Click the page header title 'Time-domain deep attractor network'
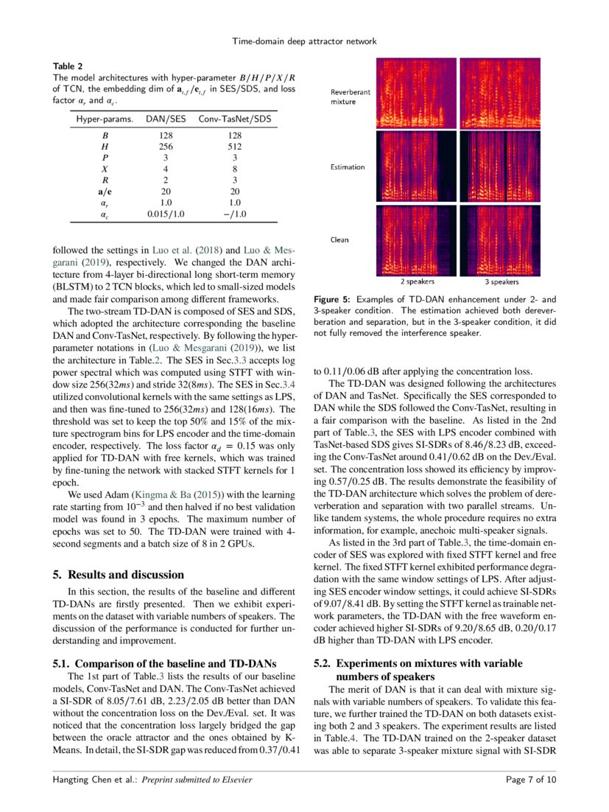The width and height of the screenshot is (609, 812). click(x=304, y=41)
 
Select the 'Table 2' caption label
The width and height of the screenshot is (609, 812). click(x=68, y=66)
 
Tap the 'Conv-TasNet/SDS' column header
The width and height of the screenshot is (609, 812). click(x=235, y=119)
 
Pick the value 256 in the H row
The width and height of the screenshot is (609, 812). click(x=166, y=147)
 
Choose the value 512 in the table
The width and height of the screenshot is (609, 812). click(x=235, y=147)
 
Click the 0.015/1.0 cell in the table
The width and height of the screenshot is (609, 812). click(x=166, y=214)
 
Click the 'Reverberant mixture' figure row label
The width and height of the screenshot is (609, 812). click(x=350, y=96)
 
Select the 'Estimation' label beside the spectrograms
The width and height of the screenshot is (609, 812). click(x=347, y=167)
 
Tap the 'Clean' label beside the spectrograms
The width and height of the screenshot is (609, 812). click(x=339, y=239)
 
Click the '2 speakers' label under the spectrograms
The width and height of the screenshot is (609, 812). click(x=417, y=281)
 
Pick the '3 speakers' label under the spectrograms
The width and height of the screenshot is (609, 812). click(x=501, y=281)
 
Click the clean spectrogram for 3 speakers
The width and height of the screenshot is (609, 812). click(x=501, y=239)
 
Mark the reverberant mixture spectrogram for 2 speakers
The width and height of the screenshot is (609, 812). click(x=417, y=93)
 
